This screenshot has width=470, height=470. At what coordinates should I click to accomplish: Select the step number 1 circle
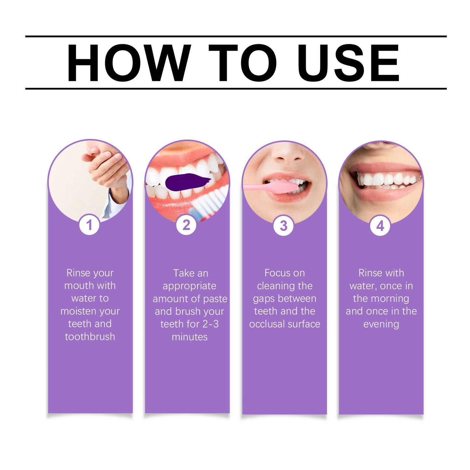[x=89, y=225]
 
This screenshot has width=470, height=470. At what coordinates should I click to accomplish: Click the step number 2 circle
[x=186, y=225]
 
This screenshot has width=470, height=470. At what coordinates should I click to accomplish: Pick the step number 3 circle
[x=283, y=225]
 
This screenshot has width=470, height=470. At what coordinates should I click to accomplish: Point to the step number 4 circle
[x=380, y=225]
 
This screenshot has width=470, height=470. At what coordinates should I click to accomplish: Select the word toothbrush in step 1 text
[x=90, y=337]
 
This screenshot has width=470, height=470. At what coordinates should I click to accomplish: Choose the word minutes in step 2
[x=190, y=337]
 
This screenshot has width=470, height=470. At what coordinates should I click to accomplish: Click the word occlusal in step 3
[x=267, y=324]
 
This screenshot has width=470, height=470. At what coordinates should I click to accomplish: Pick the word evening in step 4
[x=381, y=324]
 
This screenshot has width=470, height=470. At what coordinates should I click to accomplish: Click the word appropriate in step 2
[x=189, y=286]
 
